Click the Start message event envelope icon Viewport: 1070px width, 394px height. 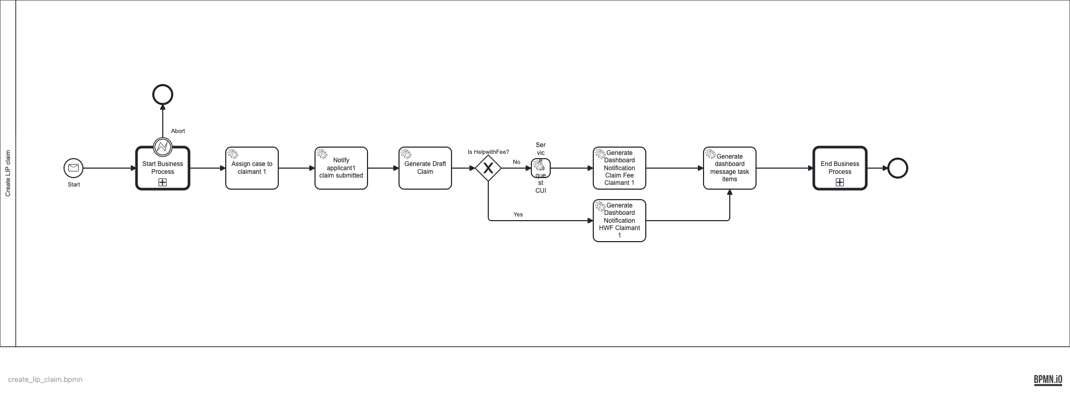pyautogui.click(x=74, y=168)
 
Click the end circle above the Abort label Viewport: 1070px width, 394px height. pyautogui.click(x=163, y=95)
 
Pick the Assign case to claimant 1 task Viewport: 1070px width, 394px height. pyautogui.click(x=252, y=168)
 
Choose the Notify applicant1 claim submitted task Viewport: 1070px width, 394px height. pyautogui.click(x=341, y=168)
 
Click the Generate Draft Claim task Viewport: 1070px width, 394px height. pyautogui.click(x=425, y=168)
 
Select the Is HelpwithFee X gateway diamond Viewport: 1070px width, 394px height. pyautogui.click(x=488, y=168)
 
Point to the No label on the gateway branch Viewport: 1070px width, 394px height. pyautogui.click(x=517, y=162)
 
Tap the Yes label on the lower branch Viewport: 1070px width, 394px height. pyautogui.click(x=518, y=214)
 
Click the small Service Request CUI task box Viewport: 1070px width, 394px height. pyautogui.click(x=541, y=168)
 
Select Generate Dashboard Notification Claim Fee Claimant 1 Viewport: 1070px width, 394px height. pyautogui.click(x=620, y=168)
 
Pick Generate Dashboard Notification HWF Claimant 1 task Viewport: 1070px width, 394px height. pyautogui.click(x=620, y=221)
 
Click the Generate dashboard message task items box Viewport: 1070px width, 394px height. pyautogui.click(x=730, y=168)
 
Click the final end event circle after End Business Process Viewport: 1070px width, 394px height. pyautogui.click(x=898, y=168)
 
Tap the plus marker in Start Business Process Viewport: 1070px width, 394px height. pyautogui.click(x=163, y=182)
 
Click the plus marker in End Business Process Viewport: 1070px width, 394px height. pyautogui.click(x=840, y=182)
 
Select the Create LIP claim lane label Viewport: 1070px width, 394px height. pyautogui.click(x=8, y=173)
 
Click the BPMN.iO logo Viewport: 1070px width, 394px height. pyautogui.click(x=1048, y=379)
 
